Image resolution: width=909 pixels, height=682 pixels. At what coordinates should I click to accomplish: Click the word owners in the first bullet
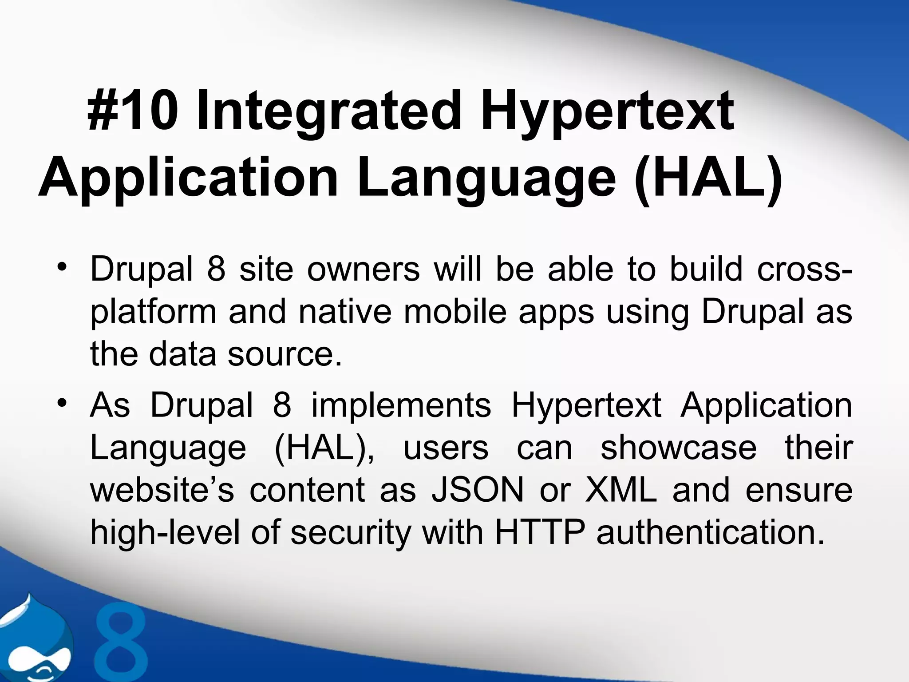point(363,269)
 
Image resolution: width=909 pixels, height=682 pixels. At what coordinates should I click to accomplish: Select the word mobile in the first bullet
point(455,312)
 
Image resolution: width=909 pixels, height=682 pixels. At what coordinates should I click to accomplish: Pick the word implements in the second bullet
point(401,405)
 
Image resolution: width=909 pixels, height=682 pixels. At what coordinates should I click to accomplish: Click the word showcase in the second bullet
point(678,448)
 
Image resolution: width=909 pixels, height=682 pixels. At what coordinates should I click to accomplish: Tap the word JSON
point(478,490)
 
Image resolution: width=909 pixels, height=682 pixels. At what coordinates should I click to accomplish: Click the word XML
point(620,490)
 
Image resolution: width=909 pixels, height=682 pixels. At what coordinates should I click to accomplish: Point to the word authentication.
point(710,532)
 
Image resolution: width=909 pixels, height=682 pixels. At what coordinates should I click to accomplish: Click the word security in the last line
point(351,533)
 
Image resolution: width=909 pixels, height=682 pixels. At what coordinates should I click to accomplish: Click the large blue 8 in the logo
point(121,642)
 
